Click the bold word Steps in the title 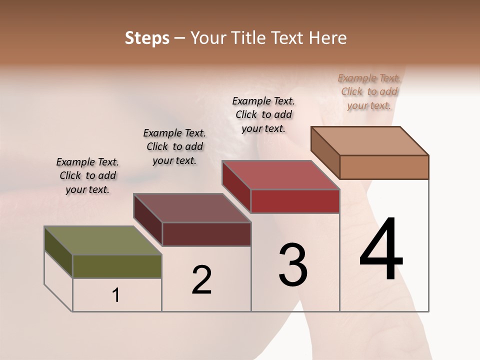(147, 38)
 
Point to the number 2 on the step (202, 280)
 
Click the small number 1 (116, 295)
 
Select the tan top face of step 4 (370, 141)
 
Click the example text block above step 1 (87, 175)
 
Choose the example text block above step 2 (174, 146)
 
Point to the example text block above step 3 (263, 114)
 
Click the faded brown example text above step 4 (369, 91)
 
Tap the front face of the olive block (117, 266)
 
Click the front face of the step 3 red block (295, 201)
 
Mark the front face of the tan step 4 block (384, 167)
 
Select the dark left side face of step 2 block (147, 220)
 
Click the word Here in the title (328, 38)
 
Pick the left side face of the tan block (325, 152)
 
